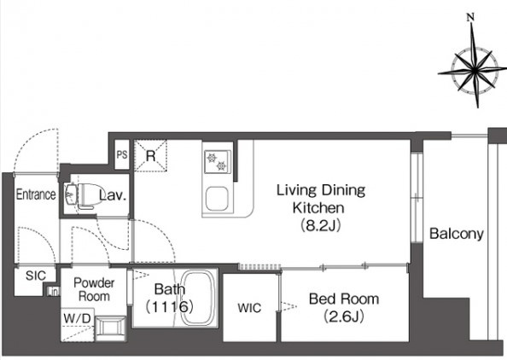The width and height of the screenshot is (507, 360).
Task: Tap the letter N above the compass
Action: pos(471,17)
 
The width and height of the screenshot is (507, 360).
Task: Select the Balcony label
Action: pos(457,234)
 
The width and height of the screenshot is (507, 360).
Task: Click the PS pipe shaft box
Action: pos(122,154)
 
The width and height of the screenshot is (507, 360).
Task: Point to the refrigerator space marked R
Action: pos(151,156)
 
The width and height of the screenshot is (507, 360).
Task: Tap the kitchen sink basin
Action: pos(218,199)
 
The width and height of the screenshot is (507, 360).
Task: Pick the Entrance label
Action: pos(36,195)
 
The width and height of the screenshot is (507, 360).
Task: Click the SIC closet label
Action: pos(36,276)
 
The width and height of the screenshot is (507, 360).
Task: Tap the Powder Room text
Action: pos(94,289)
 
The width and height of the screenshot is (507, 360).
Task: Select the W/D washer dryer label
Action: pos(77,319)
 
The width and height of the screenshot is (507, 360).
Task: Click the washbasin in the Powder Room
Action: pos(111,328)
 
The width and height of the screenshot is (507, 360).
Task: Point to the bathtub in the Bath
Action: pos(197,298)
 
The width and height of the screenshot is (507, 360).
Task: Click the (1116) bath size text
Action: pos(170,306)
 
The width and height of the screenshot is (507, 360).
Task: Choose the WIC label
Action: pos(249,308)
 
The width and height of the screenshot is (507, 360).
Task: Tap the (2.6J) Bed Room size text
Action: pos(344,316)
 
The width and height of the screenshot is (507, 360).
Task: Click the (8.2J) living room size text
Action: pos(320,225)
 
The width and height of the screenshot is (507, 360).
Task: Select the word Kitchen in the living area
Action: pos(318,208)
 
